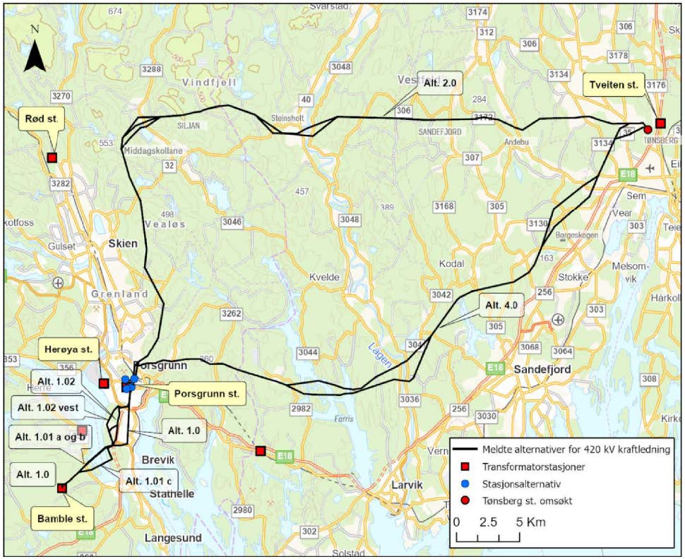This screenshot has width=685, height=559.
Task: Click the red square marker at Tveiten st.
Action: (660, 124)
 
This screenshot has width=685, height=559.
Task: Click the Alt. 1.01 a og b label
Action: (50, 435)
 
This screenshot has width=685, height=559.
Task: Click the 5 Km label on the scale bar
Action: (529, 523)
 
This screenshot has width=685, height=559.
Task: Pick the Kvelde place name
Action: (324, 277)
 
